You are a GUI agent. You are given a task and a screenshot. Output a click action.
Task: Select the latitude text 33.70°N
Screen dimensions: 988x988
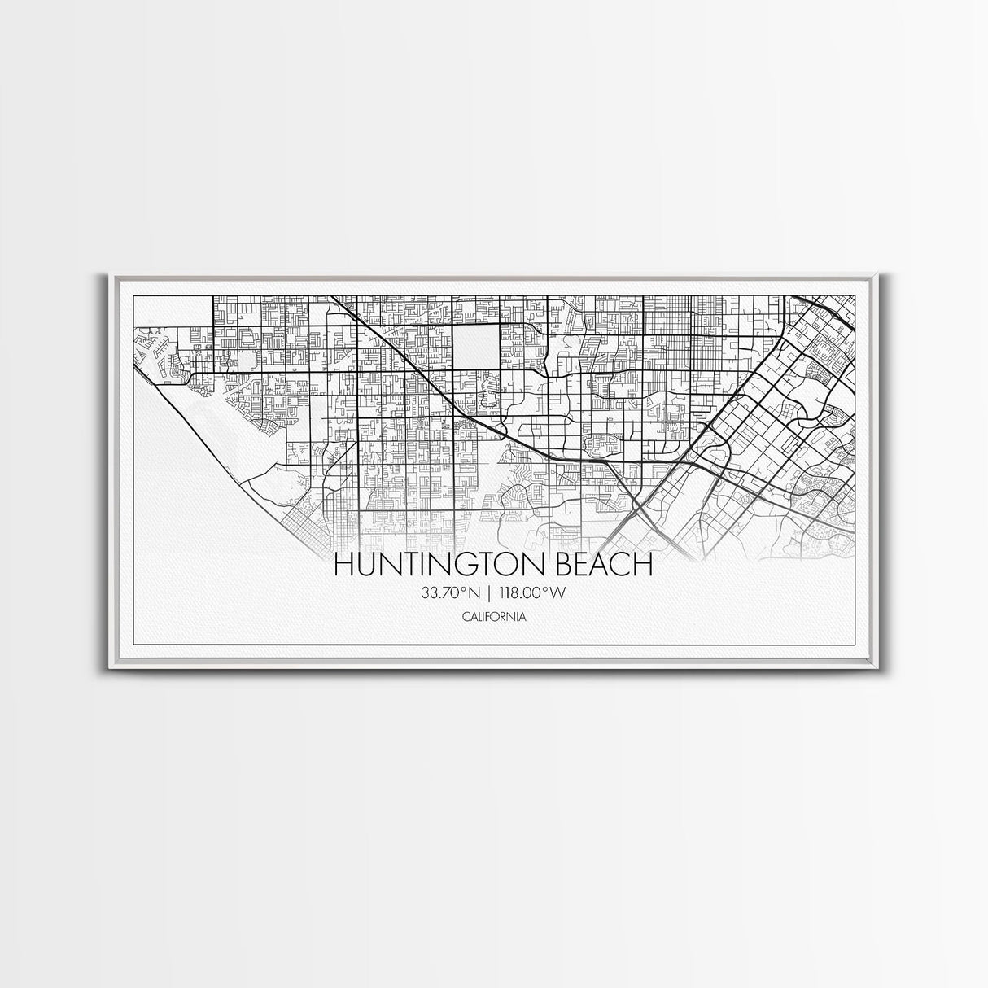pyautogui.click(x=450, y=593)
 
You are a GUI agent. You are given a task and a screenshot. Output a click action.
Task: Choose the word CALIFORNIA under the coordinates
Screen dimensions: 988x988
pyautogui.click(x=493, y=616)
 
